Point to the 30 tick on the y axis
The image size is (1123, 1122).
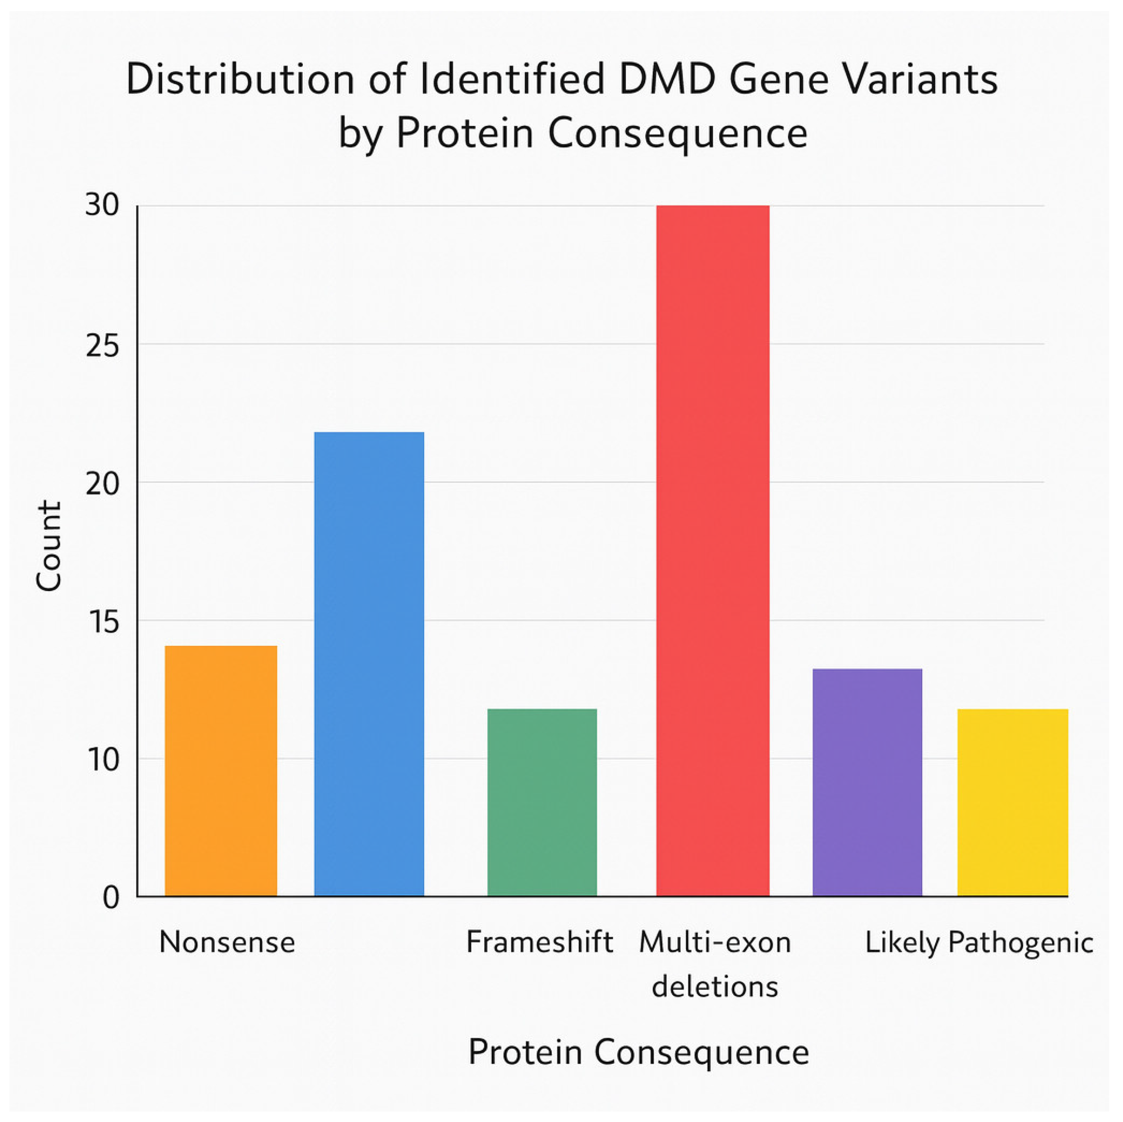click(x=102, y=205)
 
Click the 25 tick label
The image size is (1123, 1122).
click(x=102, y=347)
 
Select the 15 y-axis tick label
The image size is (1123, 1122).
click(x=102, y=622)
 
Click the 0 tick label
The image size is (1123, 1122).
click(x=111, y=898)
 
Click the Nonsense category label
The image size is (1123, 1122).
click(x=227, y=942)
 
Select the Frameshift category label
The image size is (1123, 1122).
click(x=539, y=942)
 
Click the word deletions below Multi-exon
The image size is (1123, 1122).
click(x=714, y=987)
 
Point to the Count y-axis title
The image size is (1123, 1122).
click(x=49, y=547)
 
